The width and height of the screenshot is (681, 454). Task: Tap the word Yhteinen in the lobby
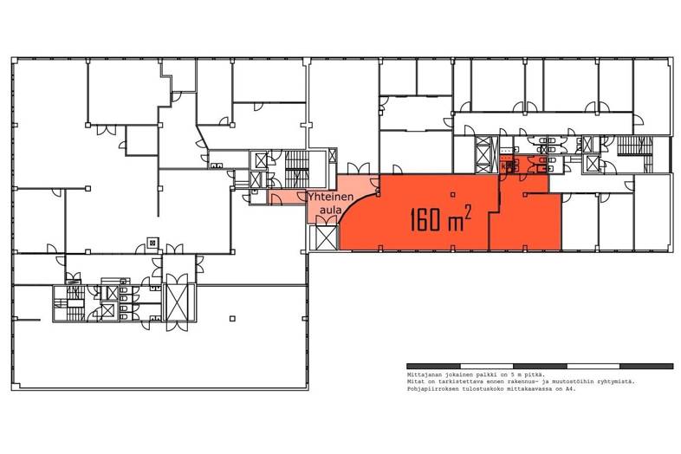click(x=331, y=198)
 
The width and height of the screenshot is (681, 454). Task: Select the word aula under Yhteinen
click(x=330, y=211)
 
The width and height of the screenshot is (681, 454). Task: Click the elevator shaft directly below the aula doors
click(x=326, y=237)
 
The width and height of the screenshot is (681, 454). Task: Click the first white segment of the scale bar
click(x=486, y=366)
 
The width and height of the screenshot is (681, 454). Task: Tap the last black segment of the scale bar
click(x=646, y=366)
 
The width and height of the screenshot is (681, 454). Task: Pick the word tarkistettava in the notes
click(x=446, y=382)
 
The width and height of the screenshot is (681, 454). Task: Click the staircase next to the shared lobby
click(x=297, y=167)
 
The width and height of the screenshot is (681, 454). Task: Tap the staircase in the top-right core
click(x=634, y=146)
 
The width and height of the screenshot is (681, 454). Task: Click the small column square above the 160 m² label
click(x=453, y=195)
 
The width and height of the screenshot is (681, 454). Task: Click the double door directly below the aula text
click(x=326, y=220)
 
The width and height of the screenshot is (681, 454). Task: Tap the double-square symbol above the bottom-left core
click(x=152, y=243)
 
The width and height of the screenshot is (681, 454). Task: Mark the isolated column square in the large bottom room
click(x=232, y=319)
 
